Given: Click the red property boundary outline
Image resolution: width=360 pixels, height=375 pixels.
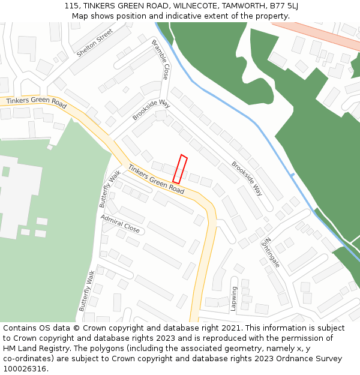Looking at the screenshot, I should (x=180, y=169).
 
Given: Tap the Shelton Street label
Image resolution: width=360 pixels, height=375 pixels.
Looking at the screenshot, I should (x=95, y=43).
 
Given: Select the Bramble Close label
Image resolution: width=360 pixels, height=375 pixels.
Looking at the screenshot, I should (x=160, y=59).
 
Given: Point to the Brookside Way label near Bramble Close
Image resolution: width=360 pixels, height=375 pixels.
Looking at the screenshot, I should (x=151, y=109).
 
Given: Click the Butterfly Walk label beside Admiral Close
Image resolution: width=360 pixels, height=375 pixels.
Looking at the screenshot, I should (x=110, y=188).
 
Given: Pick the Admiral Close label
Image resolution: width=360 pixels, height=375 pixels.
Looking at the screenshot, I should (x=120, y=224).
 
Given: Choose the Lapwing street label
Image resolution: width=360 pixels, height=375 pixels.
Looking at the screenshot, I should (x=234, y=298).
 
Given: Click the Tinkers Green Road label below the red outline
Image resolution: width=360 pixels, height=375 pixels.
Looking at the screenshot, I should (x=156, y=179).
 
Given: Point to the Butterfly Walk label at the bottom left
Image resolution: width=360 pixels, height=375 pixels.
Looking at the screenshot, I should (x=87, y=290).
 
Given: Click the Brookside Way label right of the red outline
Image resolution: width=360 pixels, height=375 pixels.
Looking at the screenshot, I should (x=247, y=178).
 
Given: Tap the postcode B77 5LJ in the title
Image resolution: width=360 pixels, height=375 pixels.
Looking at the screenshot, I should (x=284, y=5).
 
